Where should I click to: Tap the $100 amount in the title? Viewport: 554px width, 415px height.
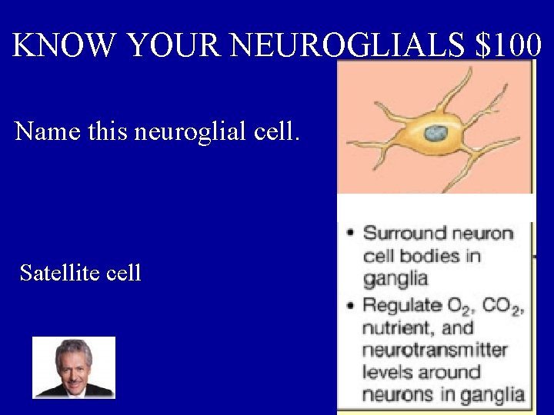tap(509, 46)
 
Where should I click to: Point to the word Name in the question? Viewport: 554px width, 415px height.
tap(48, 131)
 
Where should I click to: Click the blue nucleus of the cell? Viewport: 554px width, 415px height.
tap(437, 133)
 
